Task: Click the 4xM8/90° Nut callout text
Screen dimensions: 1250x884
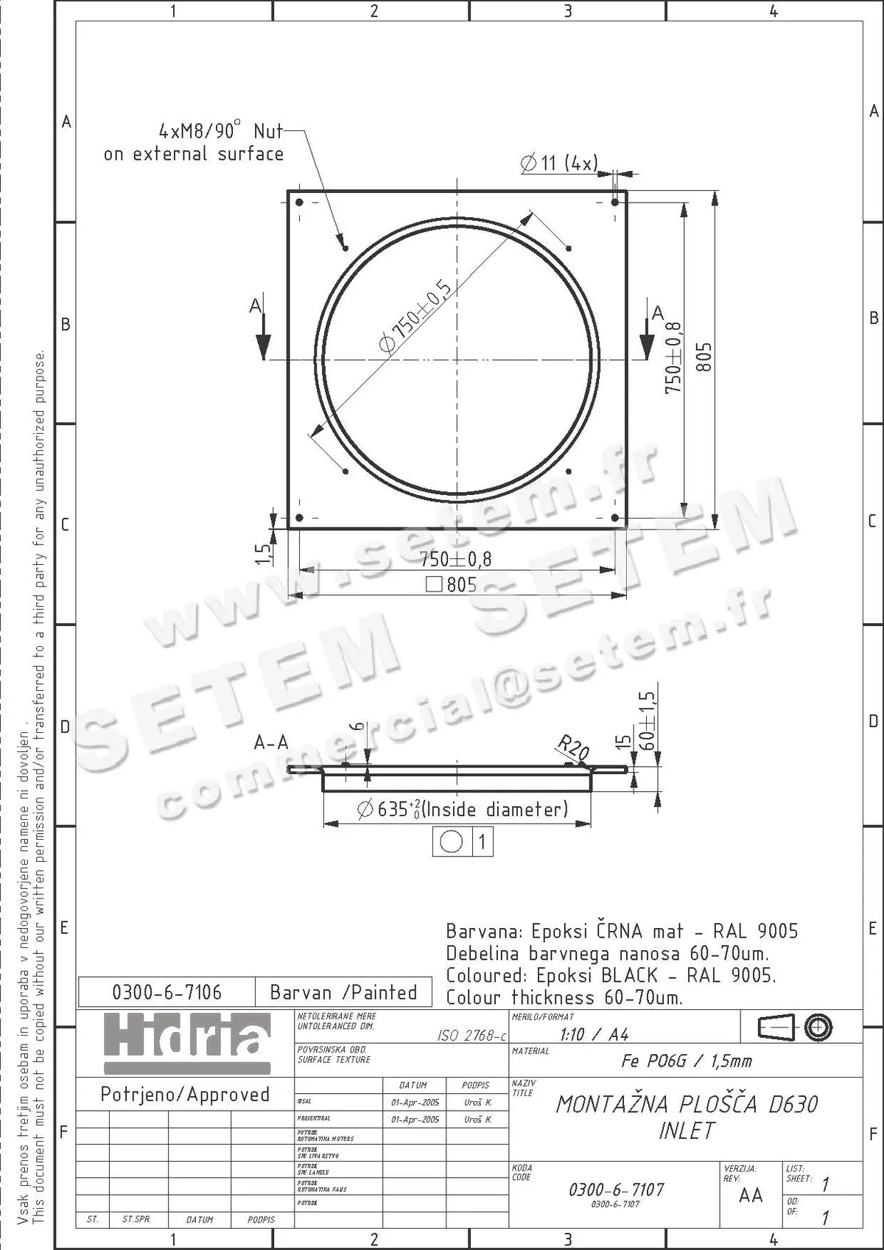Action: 194,143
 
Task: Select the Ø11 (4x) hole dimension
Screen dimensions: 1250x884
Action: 559,164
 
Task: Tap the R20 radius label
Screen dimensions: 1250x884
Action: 573,748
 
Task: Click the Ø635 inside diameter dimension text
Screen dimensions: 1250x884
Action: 463,810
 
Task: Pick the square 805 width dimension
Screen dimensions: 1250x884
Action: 452,585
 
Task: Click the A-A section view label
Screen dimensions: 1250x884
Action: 271,742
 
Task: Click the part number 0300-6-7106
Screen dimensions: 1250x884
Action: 166,993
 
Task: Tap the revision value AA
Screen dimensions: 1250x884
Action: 751,1195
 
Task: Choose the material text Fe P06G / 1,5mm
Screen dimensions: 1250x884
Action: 686,1061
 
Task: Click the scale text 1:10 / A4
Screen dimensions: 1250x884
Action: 594,1034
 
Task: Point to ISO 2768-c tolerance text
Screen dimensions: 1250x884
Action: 471,1036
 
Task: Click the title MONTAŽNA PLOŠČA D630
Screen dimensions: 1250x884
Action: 687,1104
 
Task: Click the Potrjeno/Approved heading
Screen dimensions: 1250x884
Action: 185,1095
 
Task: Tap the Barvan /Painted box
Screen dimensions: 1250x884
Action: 343,993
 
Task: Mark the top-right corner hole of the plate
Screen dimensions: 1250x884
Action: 615,202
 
